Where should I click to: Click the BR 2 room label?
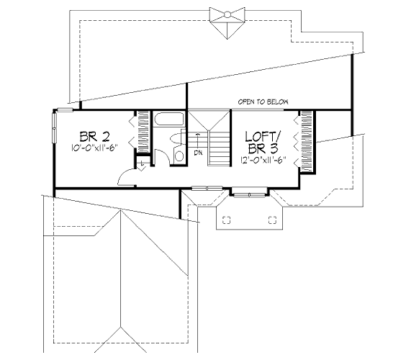[95, 137]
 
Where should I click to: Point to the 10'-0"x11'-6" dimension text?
[95, 148]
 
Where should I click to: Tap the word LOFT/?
[263, 136]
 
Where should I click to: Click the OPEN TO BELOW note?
[263, 102]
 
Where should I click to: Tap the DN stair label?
[199, 153]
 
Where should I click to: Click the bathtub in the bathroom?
[169, 119]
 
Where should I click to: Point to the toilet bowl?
[177, 138]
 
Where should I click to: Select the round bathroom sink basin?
[179, 156]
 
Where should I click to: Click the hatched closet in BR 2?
[143, 132]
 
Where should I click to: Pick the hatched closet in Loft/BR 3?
[307, 142]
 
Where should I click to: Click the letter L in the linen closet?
[143, 163]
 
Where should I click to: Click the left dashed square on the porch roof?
[227, 220]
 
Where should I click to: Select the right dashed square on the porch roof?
[272, 220]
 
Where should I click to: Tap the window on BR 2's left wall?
[55, 128]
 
